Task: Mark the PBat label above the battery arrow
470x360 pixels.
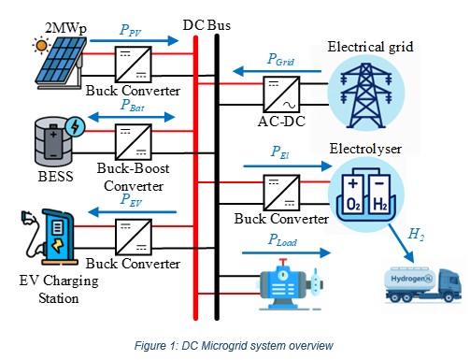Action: (x=131, y=106)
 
